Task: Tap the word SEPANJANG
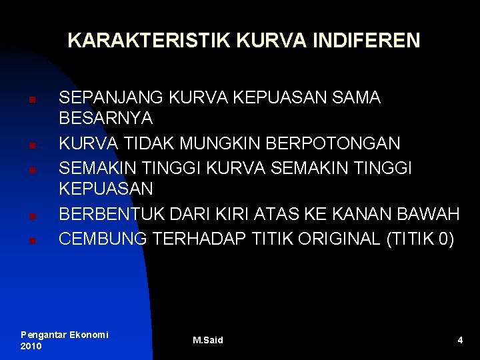(112, 97)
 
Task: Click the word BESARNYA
(106, 119)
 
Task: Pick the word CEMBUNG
(103, 238)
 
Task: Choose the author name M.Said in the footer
(208, 341)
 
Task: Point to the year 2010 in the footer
(31, 346)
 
